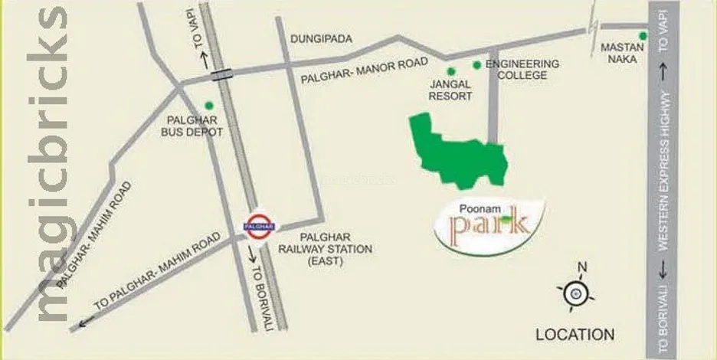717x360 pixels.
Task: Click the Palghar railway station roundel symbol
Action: tap(258, 225)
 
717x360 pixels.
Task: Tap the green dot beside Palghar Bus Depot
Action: tap(208, 106)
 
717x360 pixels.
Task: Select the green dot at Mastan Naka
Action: tap(643, 36)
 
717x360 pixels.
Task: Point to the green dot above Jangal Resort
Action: tap(450, 70)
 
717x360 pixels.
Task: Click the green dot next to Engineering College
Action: tap(476, 65)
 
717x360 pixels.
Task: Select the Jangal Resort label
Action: tap(450, 90)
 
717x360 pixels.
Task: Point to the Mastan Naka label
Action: tap(619, 53)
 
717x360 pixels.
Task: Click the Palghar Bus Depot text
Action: tap(196, 126)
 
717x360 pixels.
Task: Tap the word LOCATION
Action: tap(575, 334)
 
